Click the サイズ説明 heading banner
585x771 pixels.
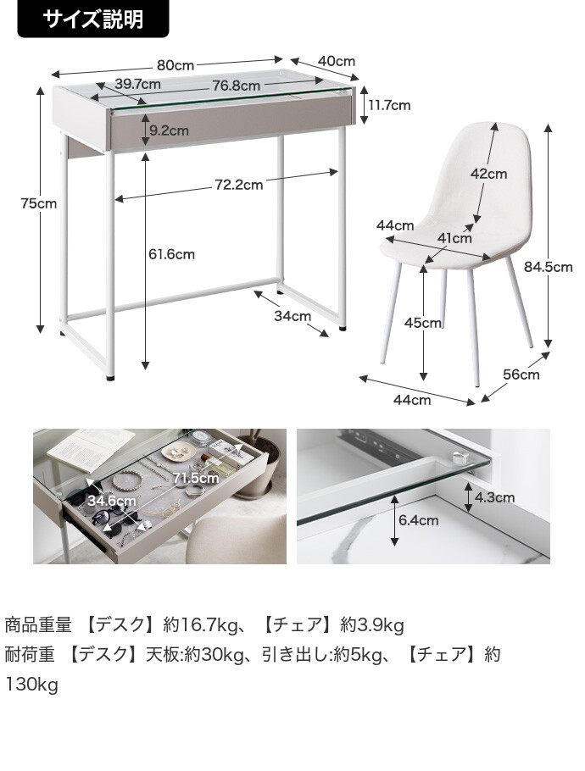coord(93,19)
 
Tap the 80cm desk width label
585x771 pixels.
coord(175,65)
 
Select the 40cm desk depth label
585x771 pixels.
coord(337,61)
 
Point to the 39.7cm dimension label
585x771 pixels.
coord(137,84)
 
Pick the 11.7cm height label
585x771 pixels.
coord(388,105)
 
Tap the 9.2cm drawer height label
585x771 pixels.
coord(168,130)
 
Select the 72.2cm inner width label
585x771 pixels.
coord(238,184)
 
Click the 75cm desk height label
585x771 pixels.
coord(40,203)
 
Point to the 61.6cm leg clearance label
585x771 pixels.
coord(171,254)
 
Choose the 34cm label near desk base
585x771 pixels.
coord(292,316)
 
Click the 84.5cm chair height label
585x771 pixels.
coord(548,267)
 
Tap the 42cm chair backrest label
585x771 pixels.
coord(488,174)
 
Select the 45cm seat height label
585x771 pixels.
coord(423,323)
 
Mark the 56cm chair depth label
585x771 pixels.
coord(521,374)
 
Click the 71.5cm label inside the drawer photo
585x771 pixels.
coord(197,478)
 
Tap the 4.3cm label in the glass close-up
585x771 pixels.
coord(493,497)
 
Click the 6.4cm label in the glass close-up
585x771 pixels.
coord(417,520)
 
